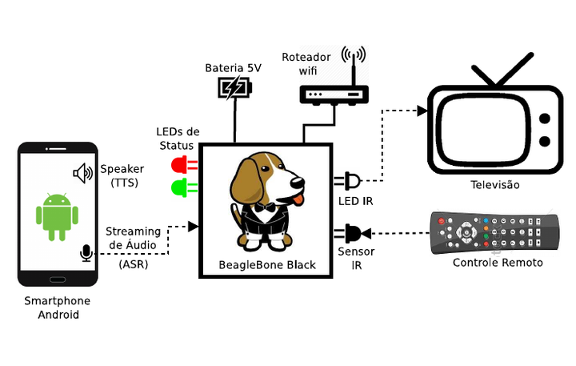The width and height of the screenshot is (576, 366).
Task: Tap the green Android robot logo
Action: [x=58, y=217]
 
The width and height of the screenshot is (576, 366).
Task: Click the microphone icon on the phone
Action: [x=85, y=254]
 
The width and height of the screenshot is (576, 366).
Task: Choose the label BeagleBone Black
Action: [x=267, y=265]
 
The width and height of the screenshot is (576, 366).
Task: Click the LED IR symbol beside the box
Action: [x=352, y=180]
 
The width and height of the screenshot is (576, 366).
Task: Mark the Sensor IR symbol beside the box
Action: [x=353, y=234]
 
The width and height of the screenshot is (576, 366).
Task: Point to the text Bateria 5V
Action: [x=233, y=67]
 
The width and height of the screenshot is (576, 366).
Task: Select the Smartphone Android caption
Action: [x=58, y=308]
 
